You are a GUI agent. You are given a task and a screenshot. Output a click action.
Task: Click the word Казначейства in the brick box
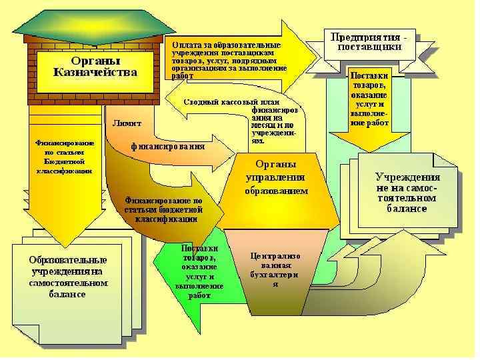[95, 73]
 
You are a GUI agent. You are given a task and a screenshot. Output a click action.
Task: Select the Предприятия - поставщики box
[369, 42]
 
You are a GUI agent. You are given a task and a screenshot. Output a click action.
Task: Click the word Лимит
[127, 123]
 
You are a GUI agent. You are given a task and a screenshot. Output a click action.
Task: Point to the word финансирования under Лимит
[167, 146]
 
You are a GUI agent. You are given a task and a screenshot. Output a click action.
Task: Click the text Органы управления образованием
[276, 177]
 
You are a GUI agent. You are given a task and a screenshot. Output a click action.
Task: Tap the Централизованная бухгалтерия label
[275, 269]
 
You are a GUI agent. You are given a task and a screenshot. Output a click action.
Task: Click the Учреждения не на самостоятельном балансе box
[407, 193]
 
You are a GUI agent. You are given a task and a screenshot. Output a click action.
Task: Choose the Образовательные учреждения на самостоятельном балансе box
[67, 276]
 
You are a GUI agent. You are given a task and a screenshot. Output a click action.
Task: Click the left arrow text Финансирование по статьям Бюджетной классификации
[65, 157]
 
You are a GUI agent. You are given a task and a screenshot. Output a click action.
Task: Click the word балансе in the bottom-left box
[67, 294]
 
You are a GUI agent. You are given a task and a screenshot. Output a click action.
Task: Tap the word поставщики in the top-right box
[369, 47]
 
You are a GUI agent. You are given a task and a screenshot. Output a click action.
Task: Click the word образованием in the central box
[276, 191]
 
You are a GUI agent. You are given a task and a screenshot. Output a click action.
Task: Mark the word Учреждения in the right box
[407, 177]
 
